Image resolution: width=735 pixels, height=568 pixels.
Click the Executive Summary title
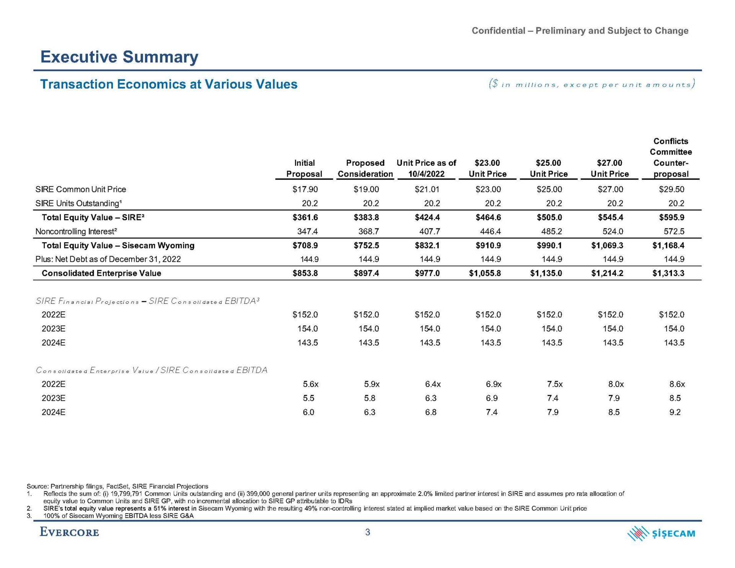119,57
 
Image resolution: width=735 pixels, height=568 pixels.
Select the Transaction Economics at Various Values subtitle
169,84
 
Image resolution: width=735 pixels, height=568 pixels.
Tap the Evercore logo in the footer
69,532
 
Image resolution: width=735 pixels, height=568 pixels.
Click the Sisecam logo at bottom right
661,533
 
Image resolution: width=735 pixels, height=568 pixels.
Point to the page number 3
367,532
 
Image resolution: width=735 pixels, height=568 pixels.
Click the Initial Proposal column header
304,168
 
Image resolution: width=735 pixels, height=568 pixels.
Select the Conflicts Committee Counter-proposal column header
671,158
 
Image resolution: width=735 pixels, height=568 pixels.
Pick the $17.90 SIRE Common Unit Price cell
305,189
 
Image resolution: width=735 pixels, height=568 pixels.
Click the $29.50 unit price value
671,189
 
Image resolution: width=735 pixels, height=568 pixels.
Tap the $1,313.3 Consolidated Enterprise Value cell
668,273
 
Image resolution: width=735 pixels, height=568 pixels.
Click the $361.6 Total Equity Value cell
305,217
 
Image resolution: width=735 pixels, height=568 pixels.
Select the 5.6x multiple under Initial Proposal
310,384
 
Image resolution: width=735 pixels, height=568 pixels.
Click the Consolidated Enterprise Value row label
101,273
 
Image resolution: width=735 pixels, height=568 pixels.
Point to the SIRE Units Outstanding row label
78,203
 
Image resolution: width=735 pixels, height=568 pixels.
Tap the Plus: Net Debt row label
108,259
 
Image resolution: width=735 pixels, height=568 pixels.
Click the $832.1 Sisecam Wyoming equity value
427,245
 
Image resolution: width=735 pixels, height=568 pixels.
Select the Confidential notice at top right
580,31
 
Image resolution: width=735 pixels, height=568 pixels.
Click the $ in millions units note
592,84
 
